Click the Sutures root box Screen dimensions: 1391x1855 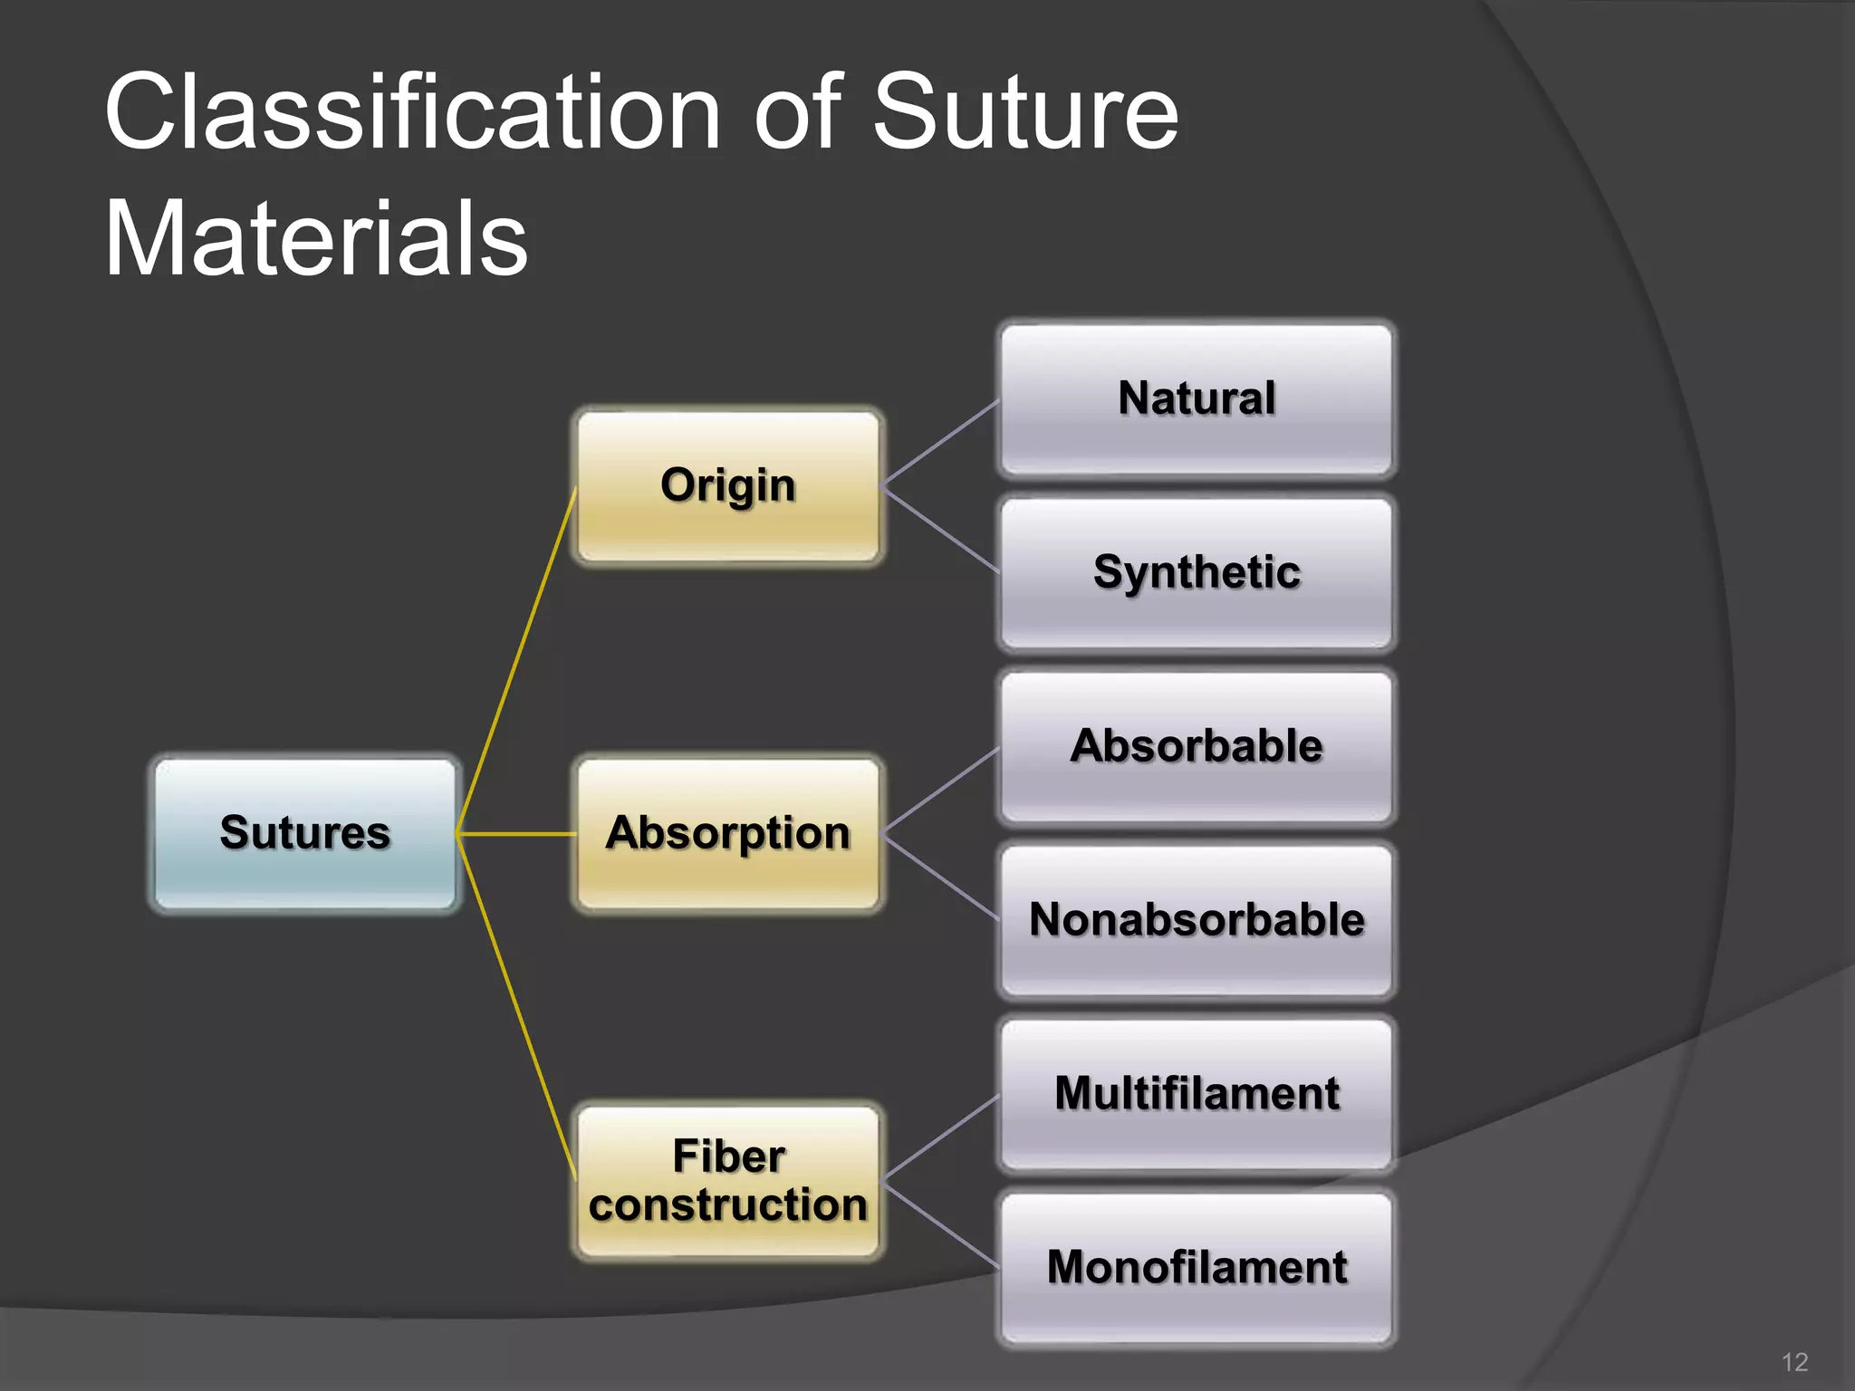coord(305,833)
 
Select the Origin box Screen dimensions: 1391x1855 coord(728,486)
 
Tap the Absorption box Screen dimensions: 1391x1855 coord(728,833)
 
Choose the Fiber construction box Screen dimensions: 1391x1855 coord(728,1181)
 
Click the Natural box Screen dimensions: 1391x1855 coord(1196,399)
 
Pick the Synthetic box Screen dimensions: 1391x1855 coord(1196,573)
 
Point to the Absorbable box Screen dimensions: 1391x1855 coord(1196,747)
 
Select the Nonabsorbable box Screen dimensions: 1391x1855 coord(1196,921)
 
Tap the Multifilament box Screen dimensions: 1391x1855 coord(1196,1094)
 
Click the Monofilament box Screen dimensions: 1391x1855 coord(1196,1268)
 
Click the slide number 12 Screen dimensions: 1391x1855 coord(1794,1362)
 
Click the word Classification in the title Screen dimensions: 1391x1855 coord(412,113)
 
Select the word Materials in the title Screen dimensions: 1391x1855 coord(316,240)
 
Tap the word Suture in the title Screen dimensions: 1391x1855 coord(1024,113)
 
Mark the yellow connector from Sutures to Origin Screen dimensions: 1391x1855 coord(516,661)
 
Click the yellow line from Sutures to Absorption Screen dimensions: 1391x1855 coord(516,833)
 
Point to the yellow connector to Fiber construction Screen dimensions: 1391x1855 coord(516,1005)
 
